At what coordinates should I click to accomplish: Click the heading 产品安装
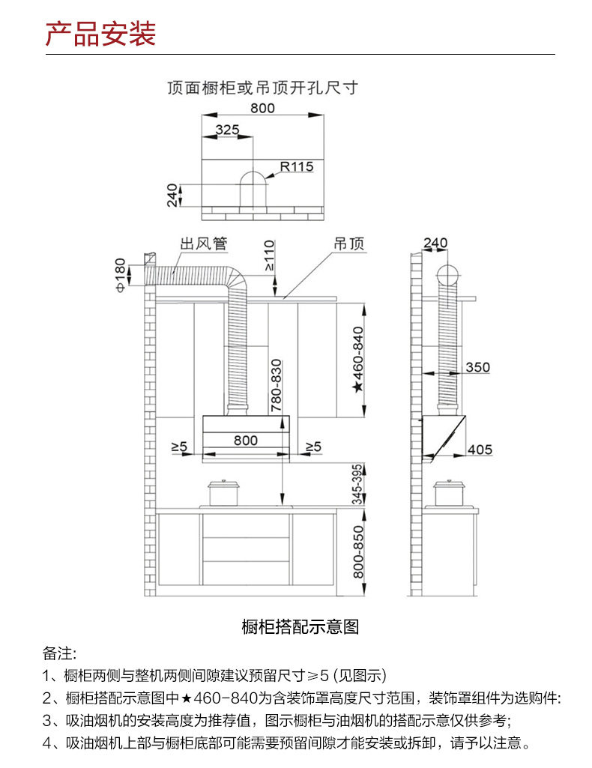tap(100, 34)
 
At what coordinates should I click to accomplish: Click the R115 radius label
tap(297, 166)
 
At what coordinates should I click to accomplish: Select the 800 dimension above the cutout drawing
tap(262, 108)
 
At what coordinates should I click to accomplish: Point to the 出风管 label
tap(203, 244)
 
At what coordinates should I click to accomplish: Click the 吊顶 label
tap(348, 244)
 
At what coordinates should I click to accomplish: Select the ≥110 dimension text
tap(269, 256)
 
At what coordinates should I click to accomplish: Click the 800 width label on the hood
tap(245, 441)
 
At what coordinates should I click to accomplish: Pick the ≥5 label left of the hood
tap(178, 447)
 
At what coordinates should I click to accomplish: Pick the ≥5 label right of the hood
tap(312, 447)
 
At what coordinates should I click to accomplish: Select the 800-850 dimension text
tap(357, 550)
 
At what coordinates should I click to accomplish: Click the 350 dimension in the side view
tap(477, 367)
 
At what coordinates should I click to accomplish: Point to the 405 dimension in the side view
tap(480, 450)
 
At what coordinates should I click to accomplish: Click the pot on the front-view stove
tap(223, 492)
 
